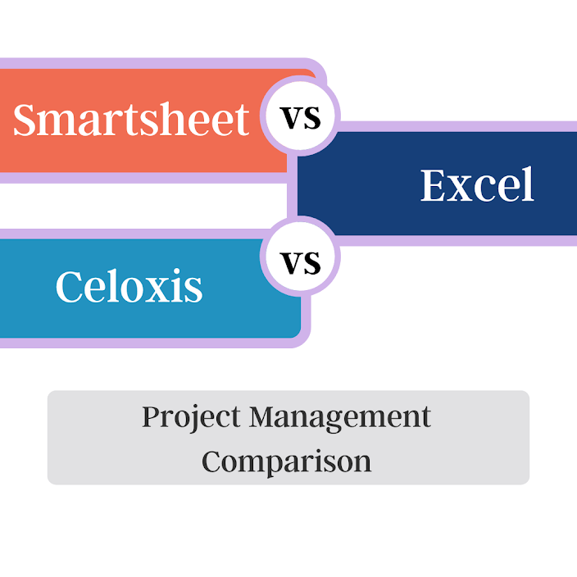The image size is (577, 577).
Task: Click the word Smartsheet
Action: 131,120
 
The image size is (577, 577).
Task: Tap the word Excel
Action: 477,185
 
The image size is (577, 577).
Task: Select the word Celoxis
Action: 129,287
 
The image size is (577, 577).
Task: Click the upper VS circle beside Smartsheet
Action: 301,117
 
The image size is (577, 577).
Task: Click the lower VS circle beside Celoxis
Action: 300,262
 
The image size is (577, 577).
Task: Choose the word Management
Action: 340,417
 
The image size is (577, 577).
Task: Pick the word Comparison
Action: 287,461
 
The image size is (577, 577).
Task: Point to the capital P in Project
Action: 151,416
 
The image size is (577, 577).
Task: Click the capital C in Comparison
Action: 213,461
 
